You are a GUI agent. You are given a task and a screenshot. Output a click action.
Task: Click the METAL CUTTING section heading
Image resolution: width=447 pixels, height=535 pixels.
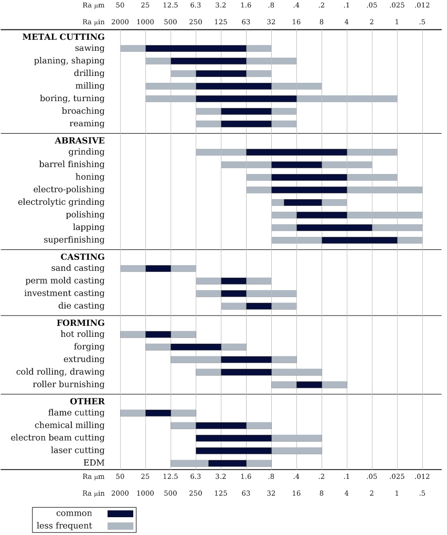tap(63, 37)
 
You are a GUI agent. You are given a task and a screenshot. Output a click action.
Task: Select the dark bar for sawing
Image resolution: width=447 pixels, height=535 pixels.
tap(196, 49)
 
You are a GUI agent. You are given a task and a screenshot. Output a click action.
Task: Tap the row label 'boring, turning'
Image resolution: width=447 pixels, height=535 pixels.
tap(72, 99)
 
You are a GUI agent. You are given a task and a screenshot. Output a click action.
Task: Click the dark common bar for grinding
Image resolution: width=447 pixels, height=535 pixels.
tap(296, 152)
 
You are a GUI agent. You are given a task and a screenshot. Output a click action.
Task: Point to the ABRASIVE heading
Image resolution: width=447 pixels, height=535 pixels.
tap(79, 140)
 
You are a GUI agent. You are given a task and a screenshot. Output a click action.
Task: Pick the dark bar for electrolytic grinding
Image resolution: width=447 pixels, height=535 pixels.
tap(303, 203)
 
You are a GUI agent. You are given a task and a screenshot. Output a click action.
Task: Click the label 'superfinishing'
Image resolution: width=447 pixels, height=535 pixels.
tap(74, 240)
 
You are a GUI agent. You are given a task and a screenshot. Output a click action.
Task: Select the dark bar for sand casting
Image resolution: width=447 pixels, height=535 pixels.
tap(158, 269)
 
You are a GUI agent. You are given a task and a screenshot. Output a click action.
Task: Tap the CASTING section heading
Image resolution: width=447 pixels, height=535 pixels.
tap(82, 257)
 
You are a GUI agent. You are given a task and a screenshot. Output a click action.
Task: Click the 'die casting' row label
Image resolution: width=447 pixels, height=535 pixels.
tap(81, 306)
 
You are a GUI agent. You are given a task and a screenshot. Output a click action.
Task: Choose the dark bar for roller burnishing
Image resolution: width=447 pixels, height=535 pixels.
tap(309, 385)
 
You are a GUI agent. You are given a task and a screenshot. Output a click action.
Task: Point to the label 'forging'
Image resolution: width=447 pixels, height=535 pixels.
tap(89, 347)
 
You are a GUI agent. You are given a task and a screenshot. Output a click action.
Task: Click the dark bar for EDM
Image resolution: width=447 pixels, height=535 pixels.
tap(227, 463)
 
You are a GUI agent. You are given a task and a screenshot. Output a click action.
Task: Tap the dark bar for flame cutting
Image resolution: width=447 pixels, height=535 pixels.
tap(158, 413)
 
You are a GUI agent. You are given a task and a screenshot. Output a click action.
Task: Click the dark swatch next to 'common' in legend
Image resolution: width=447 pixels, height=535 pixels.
tap(120, 514)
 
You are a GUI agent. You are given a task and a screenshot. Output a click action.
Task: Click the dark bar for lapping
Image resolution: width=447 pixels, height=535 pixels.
tap(334, 228)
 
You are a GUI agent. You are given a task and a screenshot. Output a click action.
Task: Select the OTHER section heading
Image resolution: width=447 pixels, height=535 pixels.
tap(87, 401)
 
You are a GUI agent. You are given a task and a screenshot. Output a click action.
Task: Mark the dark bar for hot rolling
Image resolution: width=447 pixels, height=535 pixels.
tap(158, 335)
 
